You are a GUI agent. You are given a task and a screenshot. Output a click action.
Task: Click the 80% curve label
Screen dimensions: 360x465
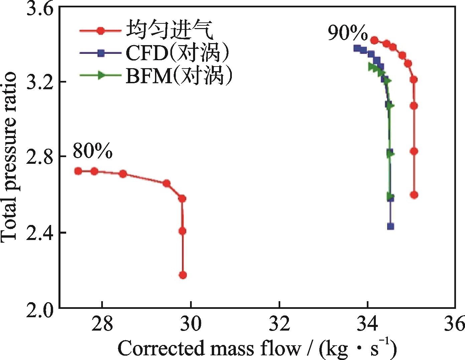point(93,151)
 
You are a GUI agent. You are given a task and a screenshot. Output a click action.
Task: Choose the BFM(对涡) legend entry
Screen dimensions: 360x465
point(179,76)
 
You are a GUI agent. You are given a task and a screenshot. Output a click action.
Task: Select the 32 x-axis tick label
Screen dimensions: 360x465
point(279,324)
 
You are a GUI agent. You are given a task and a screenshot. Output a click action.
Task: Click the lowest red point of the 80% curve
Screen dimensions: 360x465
point(183,275)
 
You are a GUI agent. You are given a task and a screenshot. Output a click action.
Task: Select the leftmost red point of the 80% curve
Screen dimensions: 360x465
point(78,171)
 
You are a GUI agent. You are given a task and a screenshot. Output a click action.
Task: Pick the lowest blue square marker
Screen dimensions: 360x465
point(390,226)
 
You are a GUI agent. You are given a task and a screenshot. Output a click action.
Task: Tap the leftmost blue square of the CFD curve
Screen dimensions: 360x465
point(357,48)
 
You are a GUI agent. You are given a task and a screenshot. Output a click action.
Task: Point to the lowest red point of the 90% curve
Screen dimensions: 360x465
point(414,195)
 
